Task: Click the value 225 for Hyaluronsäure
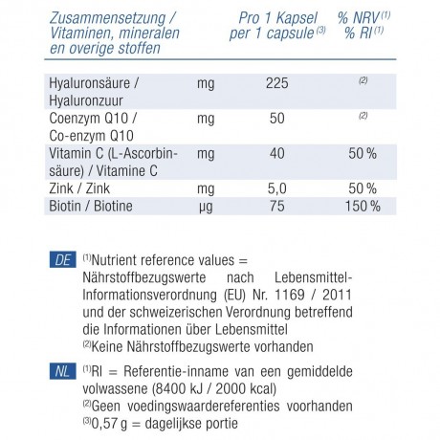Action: pos(277,84)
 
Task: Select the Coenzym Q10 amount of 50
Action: pos(277,119)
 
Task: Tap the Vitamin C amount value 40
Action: pos(277,153)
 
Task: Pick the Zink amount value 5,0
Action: pos(276,187)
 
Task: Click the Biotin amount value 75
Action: pos(277,206)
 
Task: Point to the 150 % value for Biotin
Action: pos(361,206)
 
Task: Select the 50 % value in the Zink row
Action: pos(363,187)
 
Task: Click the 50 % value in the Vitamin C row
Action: pos(363,153)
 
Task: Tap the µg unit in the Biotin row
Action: pos(205,206)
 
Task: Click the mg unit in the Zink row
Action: pos(205,187)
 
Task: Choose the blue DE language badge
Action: pos(60,258)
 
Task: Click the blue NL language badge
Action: pos(60,368)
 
